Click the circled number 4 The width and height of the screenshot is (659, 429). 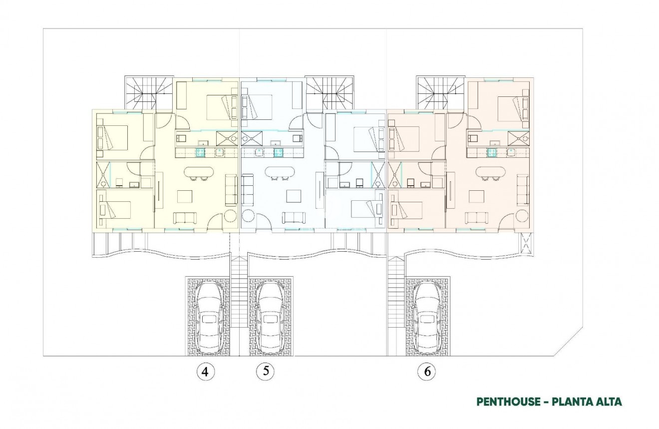[206, 372]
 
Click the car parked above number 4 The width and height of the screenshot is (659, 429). [210, 316]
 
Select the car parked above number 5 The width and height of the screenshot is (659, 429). [270, 316]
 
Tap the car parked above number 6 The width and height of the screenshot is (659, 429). [427, 316]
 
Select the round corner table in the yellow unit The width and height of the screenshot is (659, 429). [231, 216]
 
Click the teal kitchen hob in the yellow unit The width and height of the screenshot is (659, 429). [200, 152]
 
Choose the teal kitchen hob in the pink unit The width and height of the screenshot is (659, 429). [492, 152]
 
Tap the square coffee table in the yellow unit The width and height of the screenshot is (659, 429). [184, 196]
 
